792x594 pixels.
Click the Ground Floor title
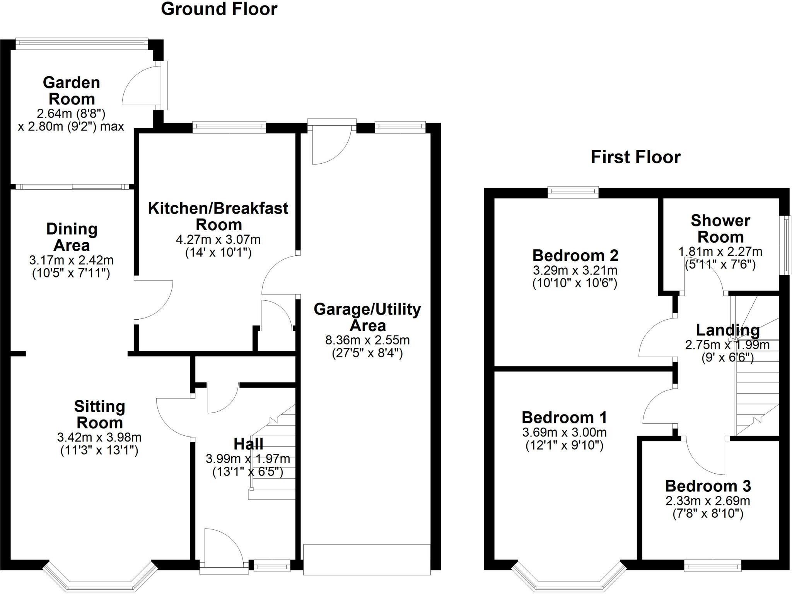click(219, 9)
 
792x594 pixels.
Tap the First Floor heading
click(635, 157)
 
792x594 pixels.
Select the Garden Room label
click(72, 91)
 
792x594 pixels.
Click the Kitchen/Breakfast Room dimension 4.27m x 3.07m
click(218, 240)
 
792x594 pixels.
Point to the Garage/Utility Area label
click(367, 317)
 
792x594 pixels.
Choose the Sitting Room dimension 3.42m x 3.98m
click(99, 438)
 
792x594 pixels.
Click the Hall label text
click(248, 444)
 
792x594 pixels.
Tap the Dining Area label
click(72, 237)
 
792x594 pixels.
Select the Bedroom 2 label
click(575, 255)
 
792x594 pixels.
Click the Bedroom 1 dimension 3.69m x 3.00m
click(564, 432)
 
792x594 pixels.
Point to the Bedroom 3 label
click(708, 486)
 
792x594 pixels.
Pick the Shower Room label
click(720, 228)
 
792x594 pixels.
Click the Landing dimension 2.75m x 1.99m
click(727, 345)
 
